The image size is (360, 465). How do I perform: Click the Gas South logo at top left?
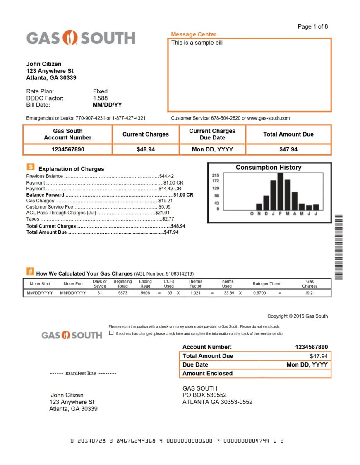(x=81, y=38)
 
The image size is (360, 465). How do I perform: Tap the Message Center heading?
(x=193, y=34)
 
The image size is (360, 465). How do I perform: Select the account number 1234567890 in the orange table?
(x=67, y=149)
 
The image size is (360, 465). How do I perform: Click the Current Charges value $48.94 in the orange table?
(x=146, y=149)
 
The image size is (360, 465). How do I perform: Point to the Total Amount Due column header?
(x=288, y=134)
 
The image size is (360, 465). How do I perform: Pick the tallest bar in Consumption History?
(x=280, y=192)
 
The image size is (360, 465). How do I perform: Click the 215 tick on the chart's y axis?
(x=215, y=175)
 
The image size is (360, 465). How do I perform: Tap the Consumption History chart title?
(x=269, y=168)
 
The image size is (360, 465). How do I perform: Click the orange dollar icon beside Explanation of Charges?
(x=31, y=167)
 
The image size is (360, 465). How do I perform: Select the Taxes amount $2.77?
(x=168, y=219)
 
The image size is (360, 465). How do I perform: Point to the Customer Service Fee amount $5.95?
(x=164, y=206)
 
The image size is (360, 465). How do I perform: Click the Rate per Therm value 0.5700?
(x=259, y=293)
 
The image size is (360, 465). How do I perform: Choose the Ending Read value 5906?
(x=145, y=293)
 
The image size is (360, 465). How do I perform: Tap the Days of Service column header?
(x=100, y=284)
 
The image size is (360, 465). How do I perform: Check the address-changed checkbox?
(x=111, y=333)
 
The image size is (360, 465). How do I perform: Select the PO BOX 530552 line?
(x=204, y=395)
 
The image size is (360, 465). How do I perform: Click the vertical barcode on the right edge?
(x=338, y=247)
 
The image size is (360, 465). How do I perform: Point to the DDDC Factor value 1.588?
(x=100, y=98)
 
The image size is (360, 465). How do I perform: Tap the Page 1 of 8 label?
(x=312, y=26)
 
